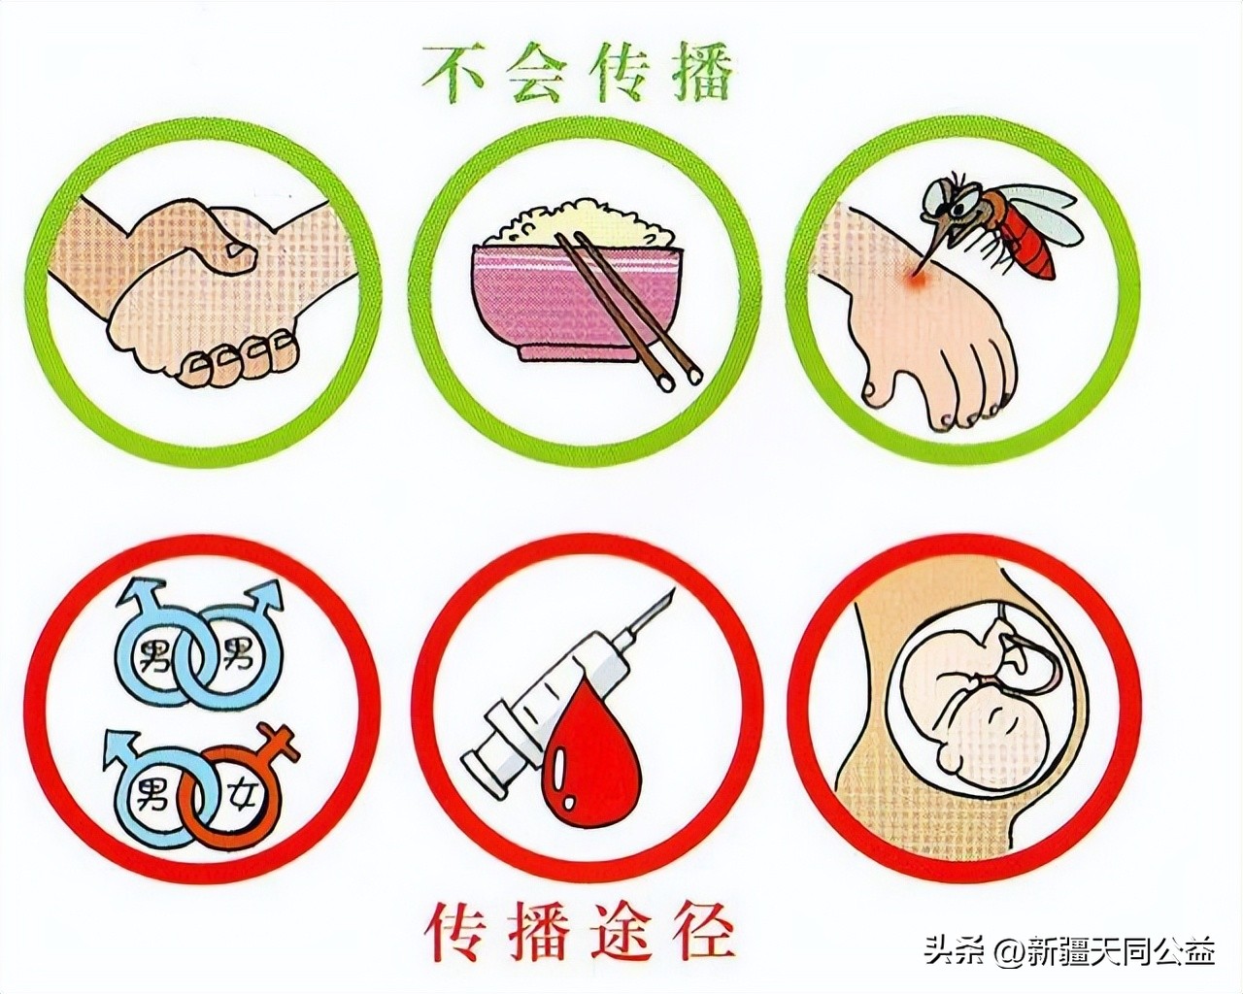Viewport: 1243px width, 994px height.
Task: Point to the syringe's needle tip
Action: (667, 594)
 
